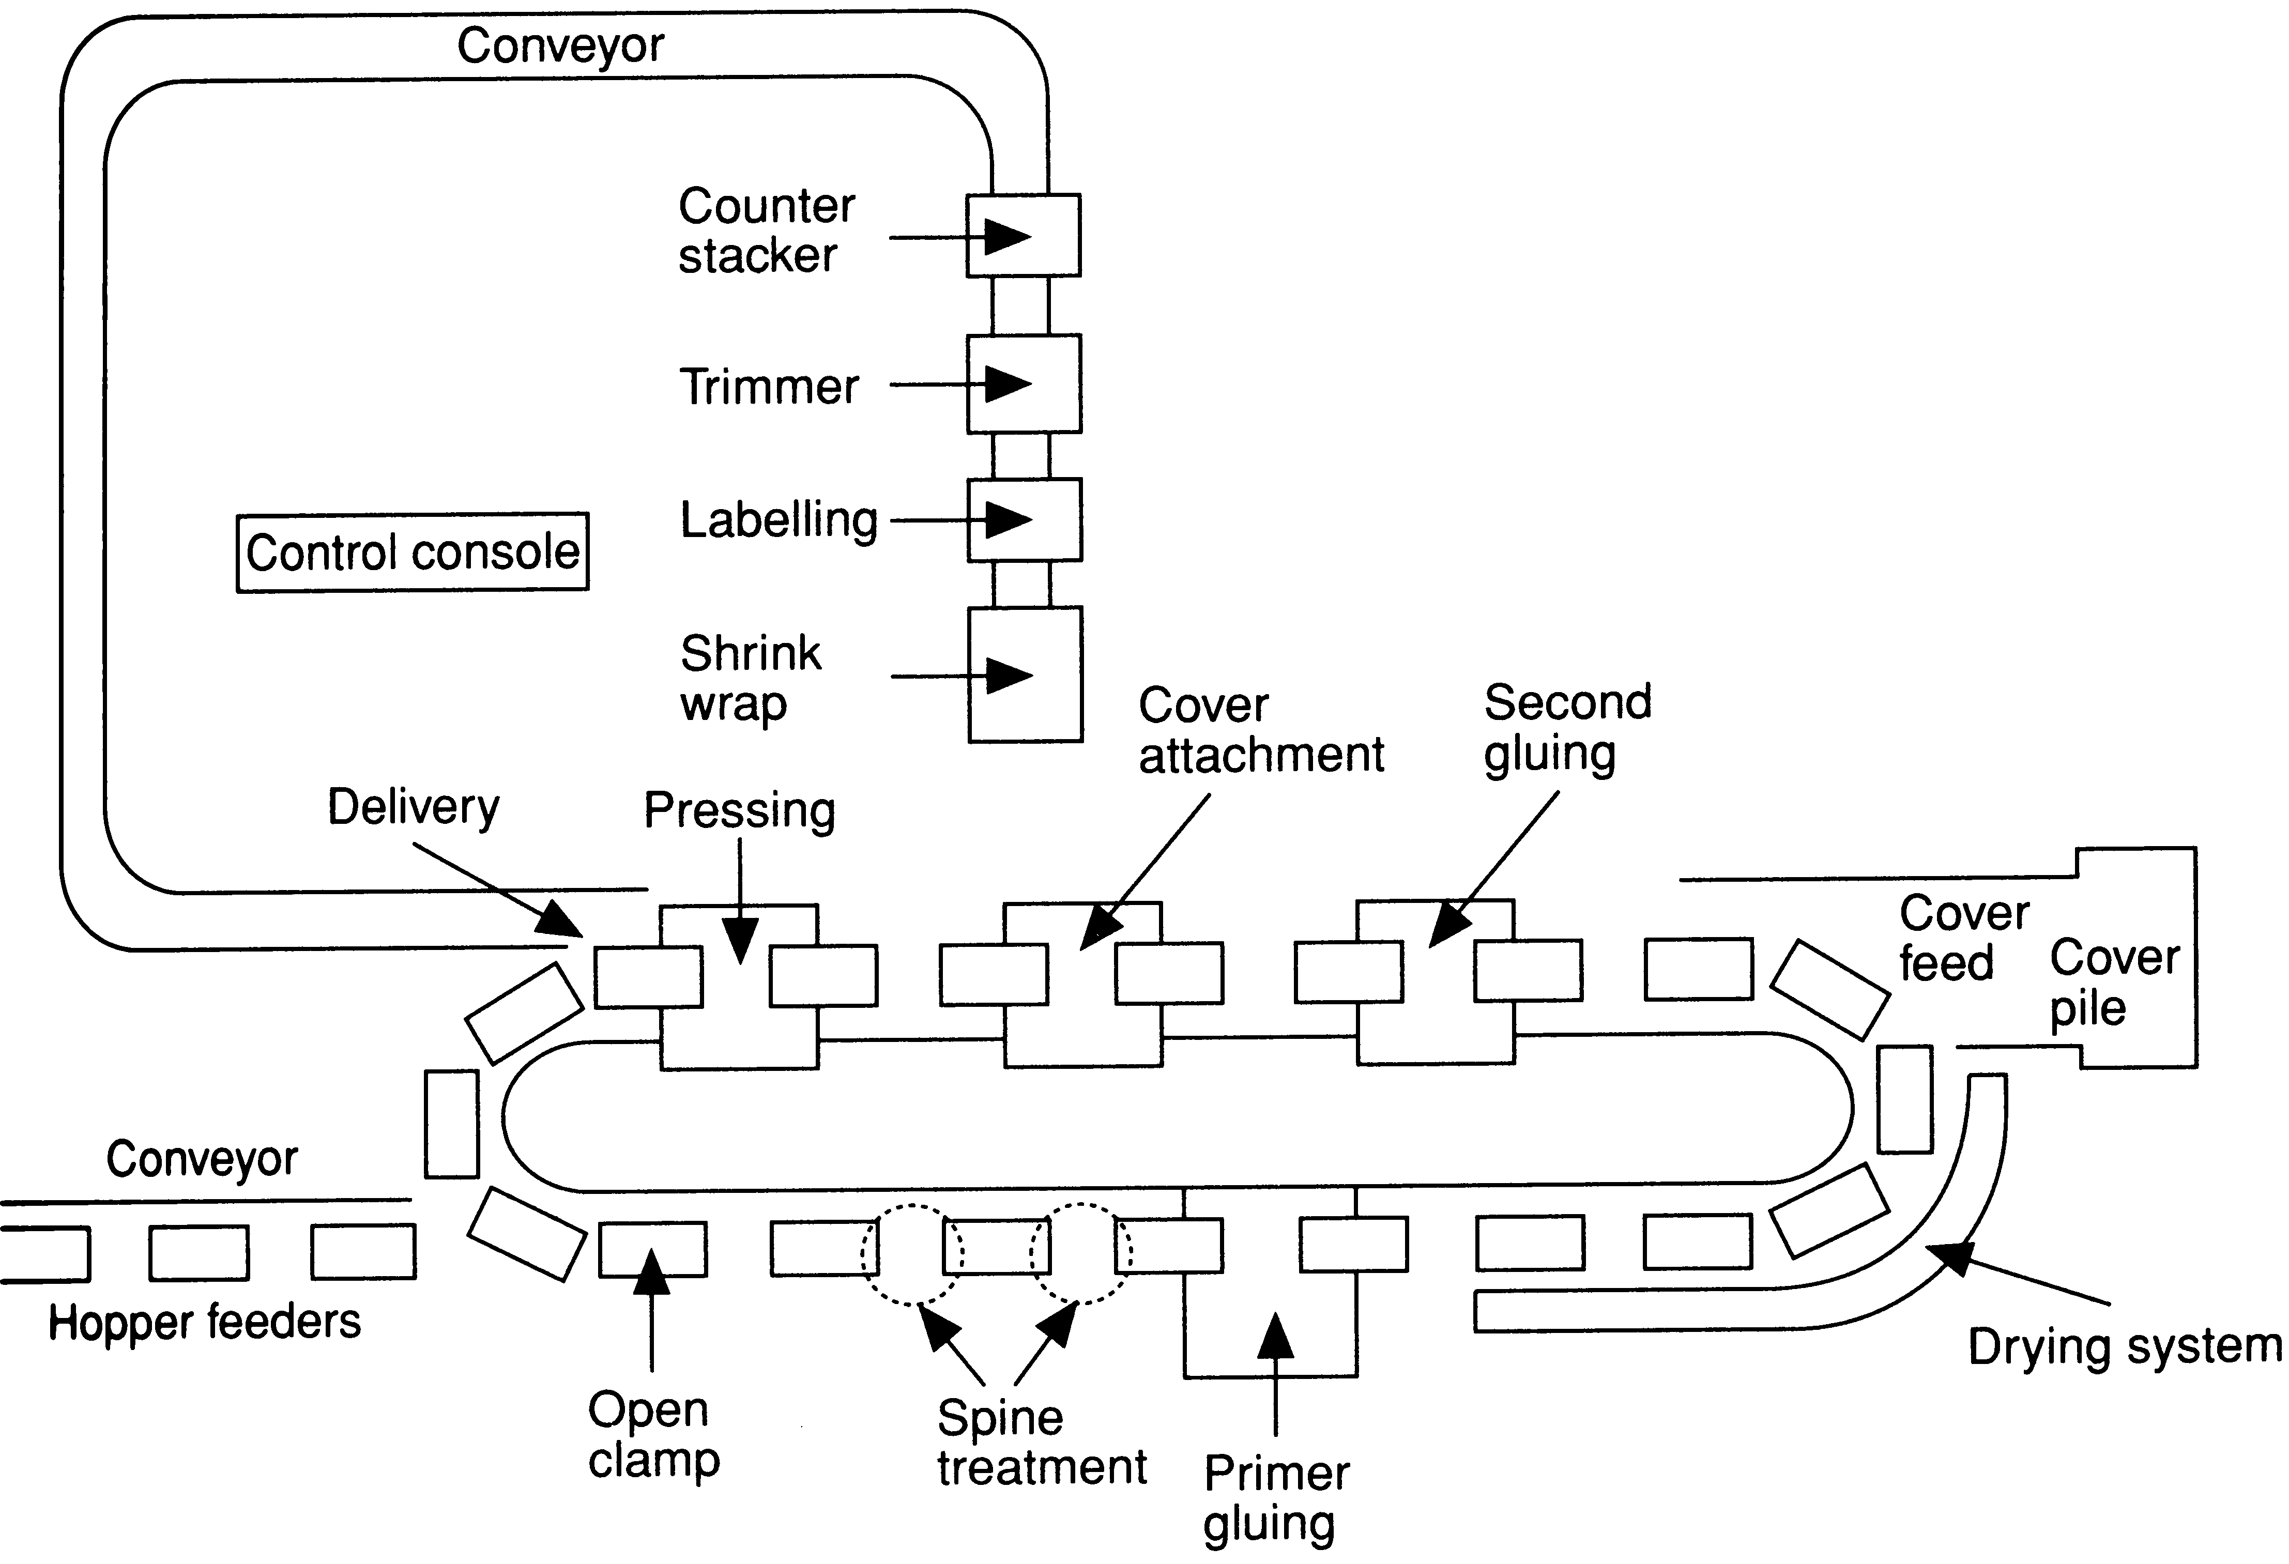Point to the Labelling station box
[x=1025, y=520]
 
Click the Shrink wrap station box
[x=1025, y=674]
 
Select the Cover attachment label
[x=1261, y=730]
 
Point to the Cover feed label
[x=1963, y=938]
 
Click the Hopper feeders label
[x=205, y=1322]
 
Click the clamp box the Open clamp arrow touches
[x=652, y=1249]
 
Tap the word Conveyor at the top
[x=560, y=45]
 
